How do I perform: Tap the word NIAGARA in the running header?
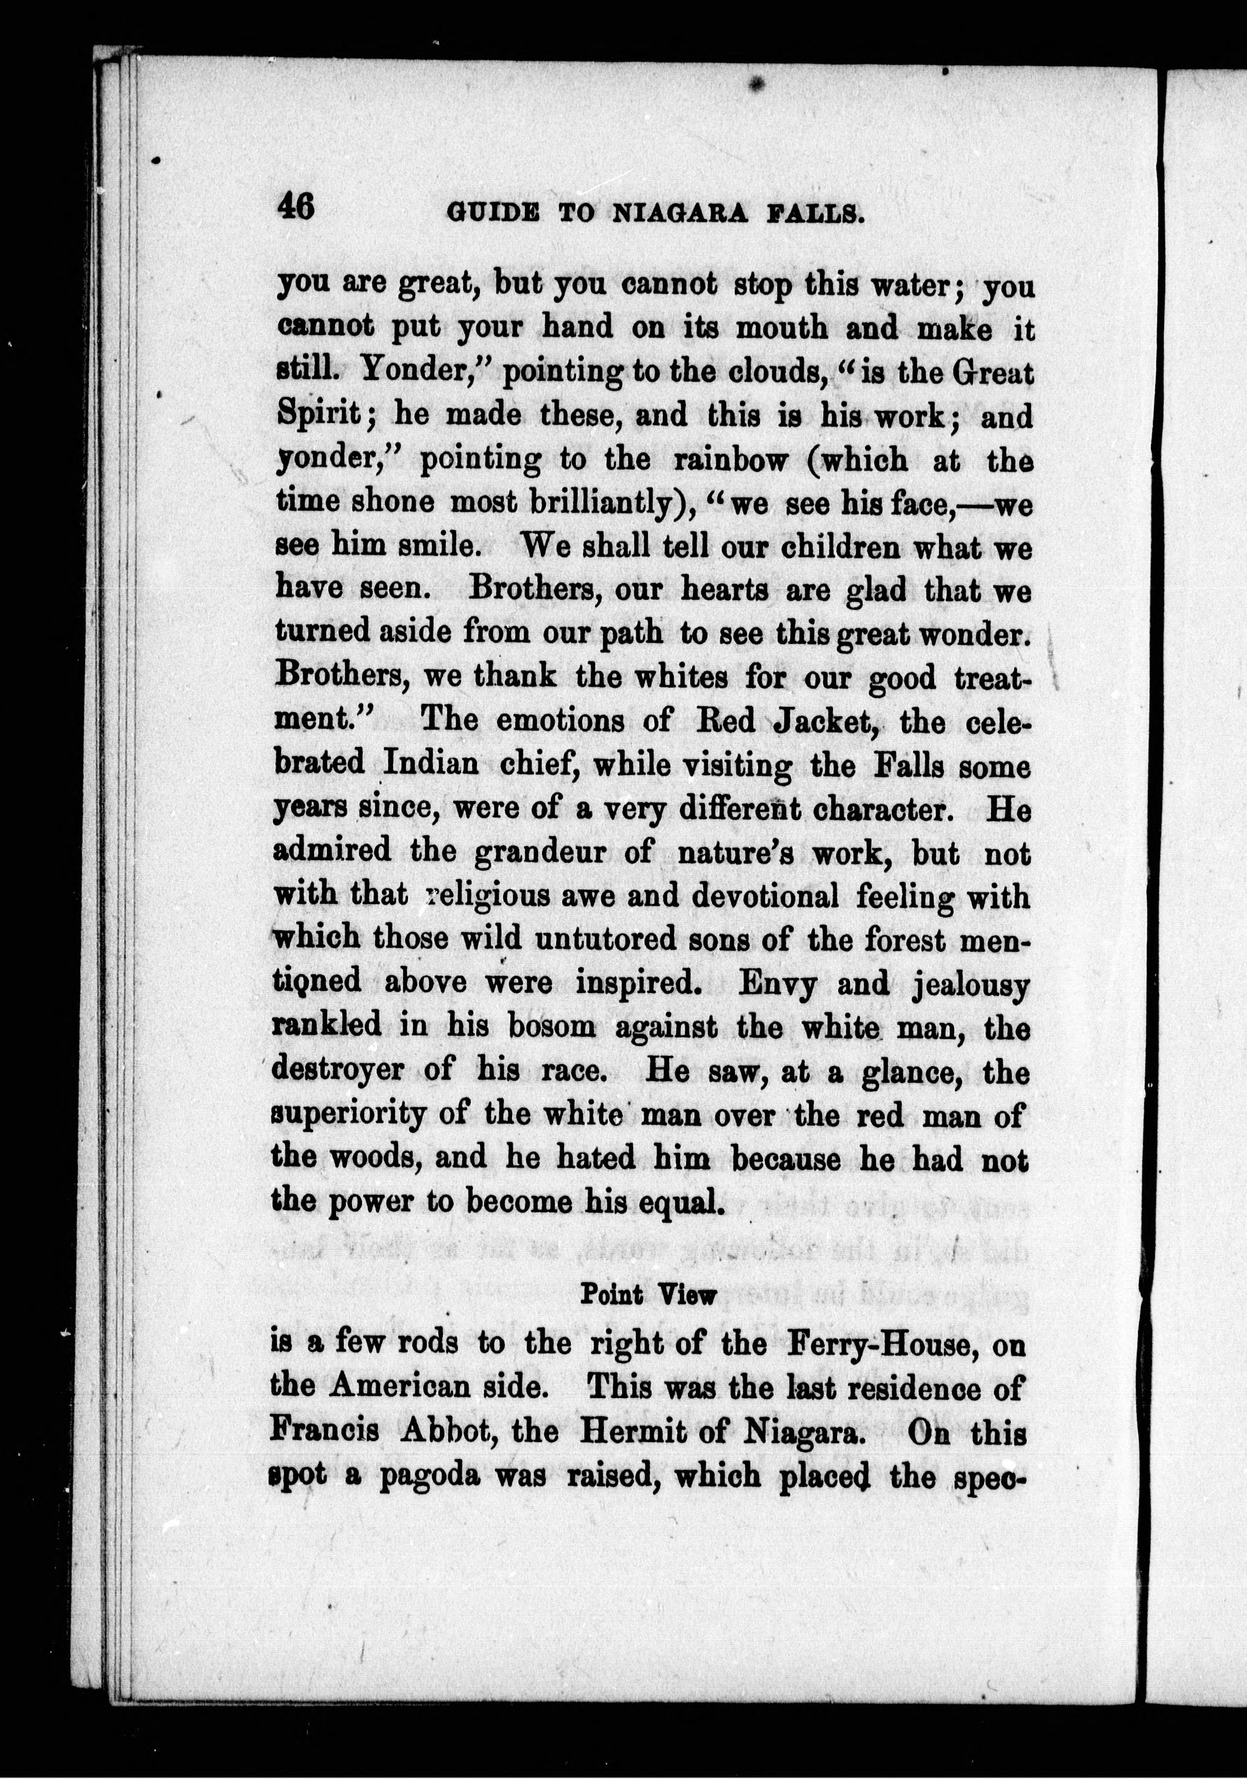click(679, 213)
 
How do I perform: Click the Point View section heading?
click(647, 1295)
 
